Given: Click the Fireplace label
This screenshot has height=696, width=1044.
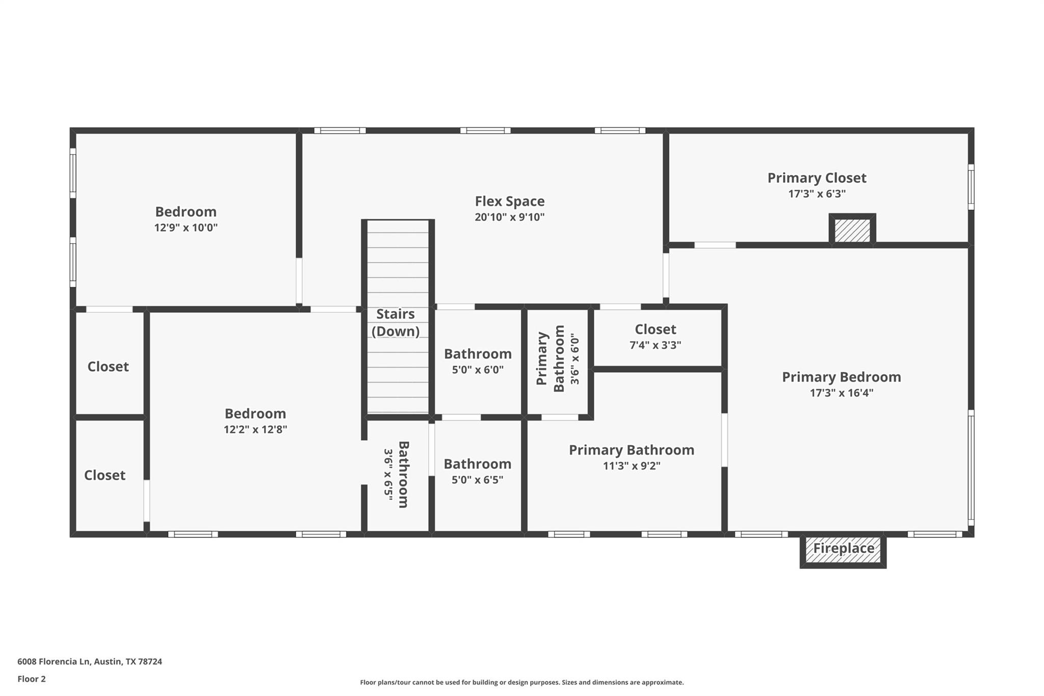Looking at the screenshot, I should click(x=843, y=548).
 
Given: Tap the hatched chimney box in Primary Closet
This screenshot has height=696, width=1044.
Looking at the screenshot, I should click(x=852, y=230).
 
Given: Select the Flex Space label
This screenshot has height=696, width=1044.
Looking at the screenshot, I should click(x=509, y=201).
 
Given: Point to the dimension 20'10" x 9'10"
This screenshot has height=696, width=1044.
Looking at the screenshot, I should click(x=509, y=217).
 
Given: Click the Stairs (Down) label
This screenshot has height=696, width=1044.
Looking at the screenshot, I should click(x=396, y=323).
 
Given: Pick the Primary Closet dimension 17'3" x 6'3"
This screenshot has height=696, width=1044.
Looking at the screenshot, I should click(x=817, y=194).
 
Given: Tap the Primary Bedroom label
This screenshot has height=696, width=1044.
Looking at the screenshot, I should click(x=841, y=377).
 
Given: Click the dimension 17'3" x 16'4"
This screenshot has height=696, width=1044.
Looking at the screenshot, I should click(x=841, y=393).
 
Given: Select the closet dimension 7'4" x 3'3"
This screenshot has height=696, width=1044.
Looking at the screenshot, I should click(x=655, y=345).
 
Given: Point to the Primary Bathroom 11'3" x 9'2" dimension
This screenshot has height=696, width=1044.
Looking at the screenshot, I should click(x=631, y=466).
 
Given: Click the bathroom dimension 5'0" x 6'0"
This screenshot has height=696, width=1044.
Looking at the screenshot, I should click(x=478, y=370).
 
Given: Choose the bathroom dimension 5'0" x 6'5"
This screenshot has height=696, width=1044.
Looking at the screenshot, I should click(x=477, y=480).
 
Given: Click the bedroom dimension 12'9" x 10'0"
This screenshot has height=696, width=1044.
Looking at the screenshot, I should click(x=186, y=227).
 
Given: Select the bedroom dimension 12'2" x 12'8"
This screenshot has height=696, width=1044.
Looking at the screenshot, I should click(x=255, y=429).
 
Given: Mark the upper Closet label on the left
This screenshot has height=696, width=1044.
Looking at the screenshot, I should click(x=108, y=367).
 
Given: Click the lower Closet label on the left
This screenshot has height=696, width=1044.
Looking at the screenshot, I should click(x=105, y=475).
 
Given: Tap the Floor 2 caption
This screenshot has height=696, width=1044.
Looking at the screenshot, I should click(x=32, y=679).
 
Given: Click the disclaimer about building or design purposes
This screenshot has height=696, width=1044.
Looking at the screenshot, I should click(x=521, y=682).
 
